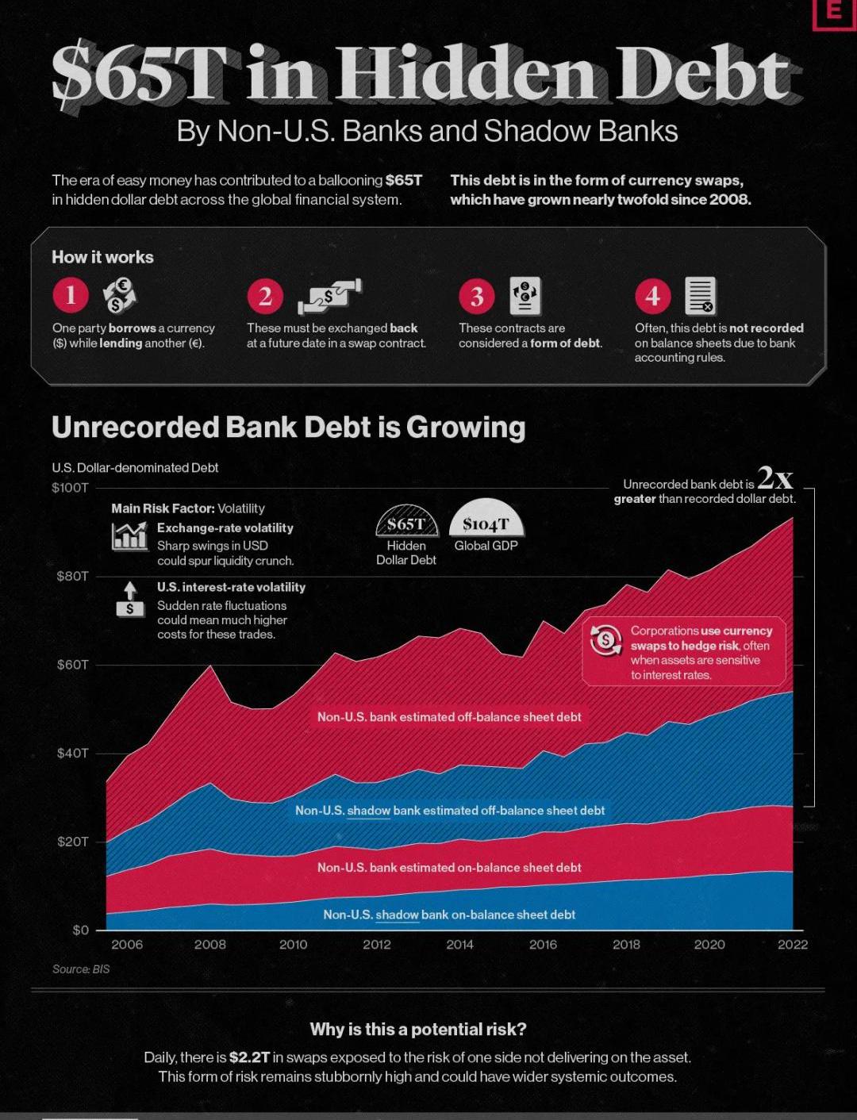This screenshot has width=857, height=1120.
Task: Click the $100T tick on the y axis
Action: (70, 488)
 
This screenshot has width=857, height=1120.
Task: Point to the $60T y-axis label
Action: (72, 665)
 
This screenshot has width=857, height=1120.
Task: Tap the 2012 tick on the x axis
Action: (377, 944)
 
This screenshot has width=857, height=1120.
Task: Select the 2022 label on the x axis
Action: (792, 944)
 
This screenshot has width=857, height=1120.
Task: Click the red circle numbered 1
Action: (71, 295)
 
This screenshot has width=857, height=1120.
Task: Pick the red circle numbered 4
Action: (652, 295)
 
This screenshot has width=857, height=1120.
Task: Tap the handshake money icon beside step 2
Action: (329, 297)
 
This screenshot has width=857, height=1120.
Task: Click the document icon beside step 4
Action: (700, 296)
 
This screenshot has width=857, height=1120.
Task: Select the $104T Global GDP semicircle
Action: (486, 519)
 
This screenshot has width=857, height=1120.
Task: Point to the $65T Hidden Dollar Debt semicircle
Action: (406, 520)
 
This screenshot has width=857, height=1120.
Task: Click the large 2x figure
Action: (774, 478)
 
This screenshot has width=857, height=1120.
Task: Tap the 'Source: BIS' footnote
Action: (81, 968)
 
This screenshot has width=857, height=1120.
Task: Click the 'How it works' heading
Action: (102, 257)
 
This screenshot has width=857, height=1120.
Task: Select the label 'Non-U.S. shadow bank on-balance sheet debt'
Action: (449, 915)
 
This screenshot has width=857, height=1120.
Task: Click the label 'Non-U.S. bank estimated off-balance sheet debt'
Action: (449, 717)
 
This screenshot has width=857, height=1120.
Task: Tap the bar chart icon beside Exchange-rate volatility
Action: (129, 537)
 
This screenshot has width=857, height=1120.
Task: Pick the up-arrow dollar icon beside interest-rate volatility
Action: (129, 599)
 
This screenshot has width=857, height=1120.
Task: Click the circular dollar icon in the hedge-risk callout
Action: (606, 639)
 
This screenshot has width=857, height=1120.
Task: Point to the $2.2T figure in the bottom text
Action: (249, 1057)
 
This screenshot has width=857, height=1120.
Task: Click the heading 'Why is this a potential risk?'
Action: (418, 1030)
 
